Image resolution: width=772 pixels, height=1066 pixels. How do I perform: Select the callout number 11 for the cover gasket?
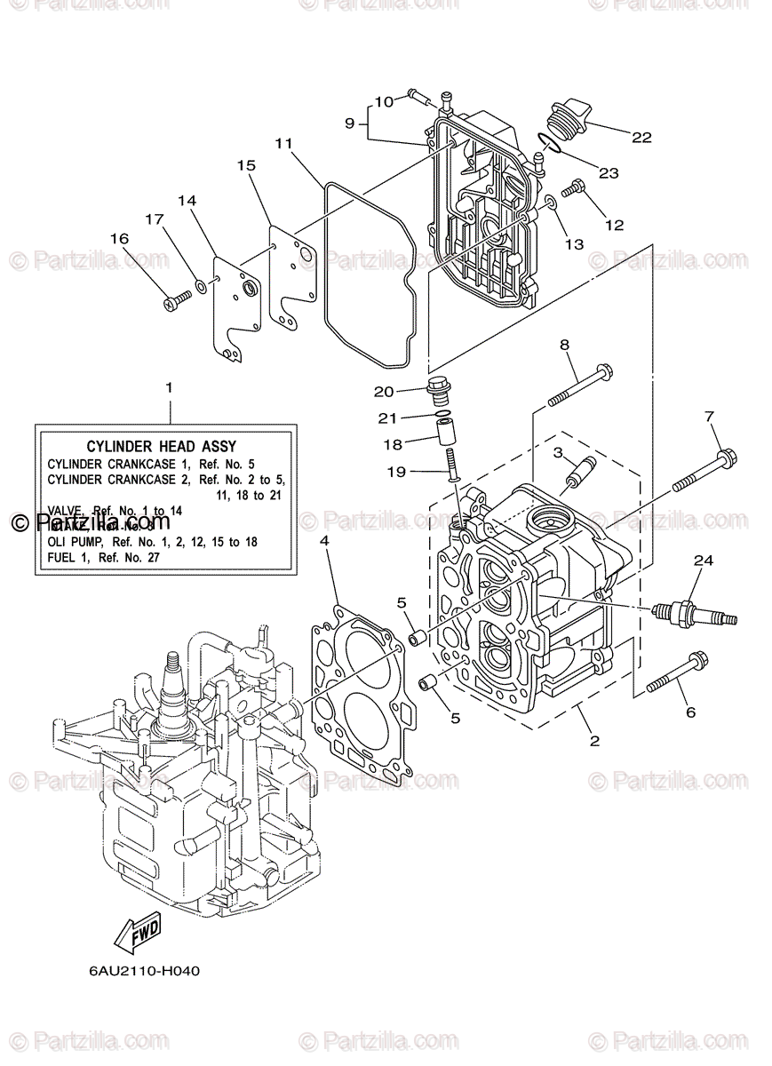[283, 143]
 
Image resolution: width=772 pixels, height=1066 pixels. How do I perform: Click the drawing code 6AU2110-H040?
[144, 970]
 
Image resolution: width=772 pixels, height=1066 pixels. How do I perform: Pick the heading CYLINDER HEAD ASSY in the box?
[161, 447]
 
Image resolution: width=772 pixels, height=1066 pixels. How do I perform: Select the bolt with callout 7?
[701, 471]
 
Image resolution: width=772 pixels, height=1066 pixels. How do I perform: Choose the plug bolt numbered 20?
[437, 388]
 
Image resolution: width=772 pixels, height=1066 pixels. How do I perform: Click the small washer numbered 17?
[203, 287]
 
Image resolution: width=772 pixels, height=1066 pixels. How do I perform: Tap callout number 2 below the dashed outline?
[594, 741]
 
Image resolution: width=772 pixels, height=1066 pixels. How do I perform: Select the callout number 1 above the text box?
[170, 388]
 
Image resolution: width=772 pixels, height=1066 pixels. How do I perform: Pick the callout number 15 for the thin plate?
[246, 165]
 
